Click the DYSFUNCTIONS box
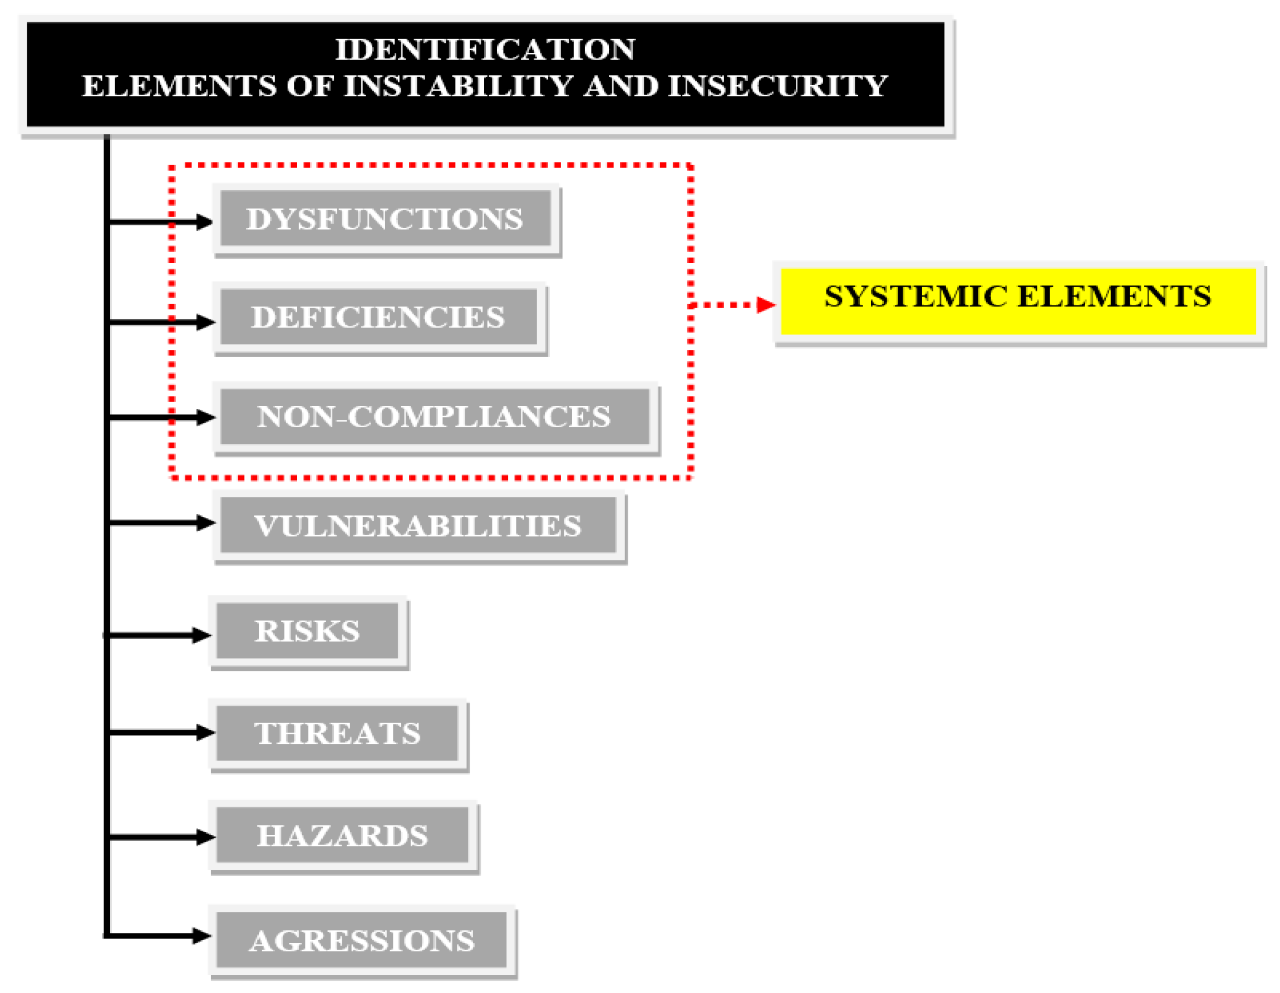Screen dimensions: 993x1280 coord(385,219)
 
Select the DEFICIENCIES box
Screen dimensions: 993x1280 coord(378,317)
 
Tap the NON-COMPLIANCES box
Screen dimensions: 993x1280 coord(434,417)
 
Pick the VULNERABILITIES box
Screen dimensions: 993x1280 coord(418,525)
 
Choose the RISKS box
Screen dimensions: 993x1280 coord(307,631)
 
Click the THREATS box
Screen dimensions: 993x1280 coord(337,733)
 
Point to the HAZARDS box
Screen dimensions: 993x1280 coord(342,835)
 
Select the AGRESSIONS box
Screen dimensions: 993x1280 coord(361,940)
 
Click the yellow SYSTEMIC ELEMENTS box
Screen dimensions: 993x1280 coord(1018,302)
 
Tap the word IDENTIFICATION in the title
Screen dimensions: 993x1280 coord(485,49)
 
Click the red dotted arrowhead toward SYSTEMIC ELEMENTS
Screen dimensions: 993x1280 coord(765,305)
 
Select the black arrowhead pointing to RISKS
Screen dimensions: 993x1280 coord(201,635)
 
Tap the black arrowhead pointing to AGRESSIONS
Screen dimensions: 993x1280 coord(201,936)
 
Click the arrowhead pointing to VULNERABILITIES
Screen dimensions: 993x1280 coord(205,522)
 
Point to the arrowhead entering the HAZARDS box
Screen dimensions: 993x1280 coord(205,837)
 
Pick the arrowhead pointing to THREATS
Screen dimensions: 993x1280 coord(205,732)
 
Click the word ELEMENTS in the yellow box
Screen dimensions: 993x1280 coord(1114,296)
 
